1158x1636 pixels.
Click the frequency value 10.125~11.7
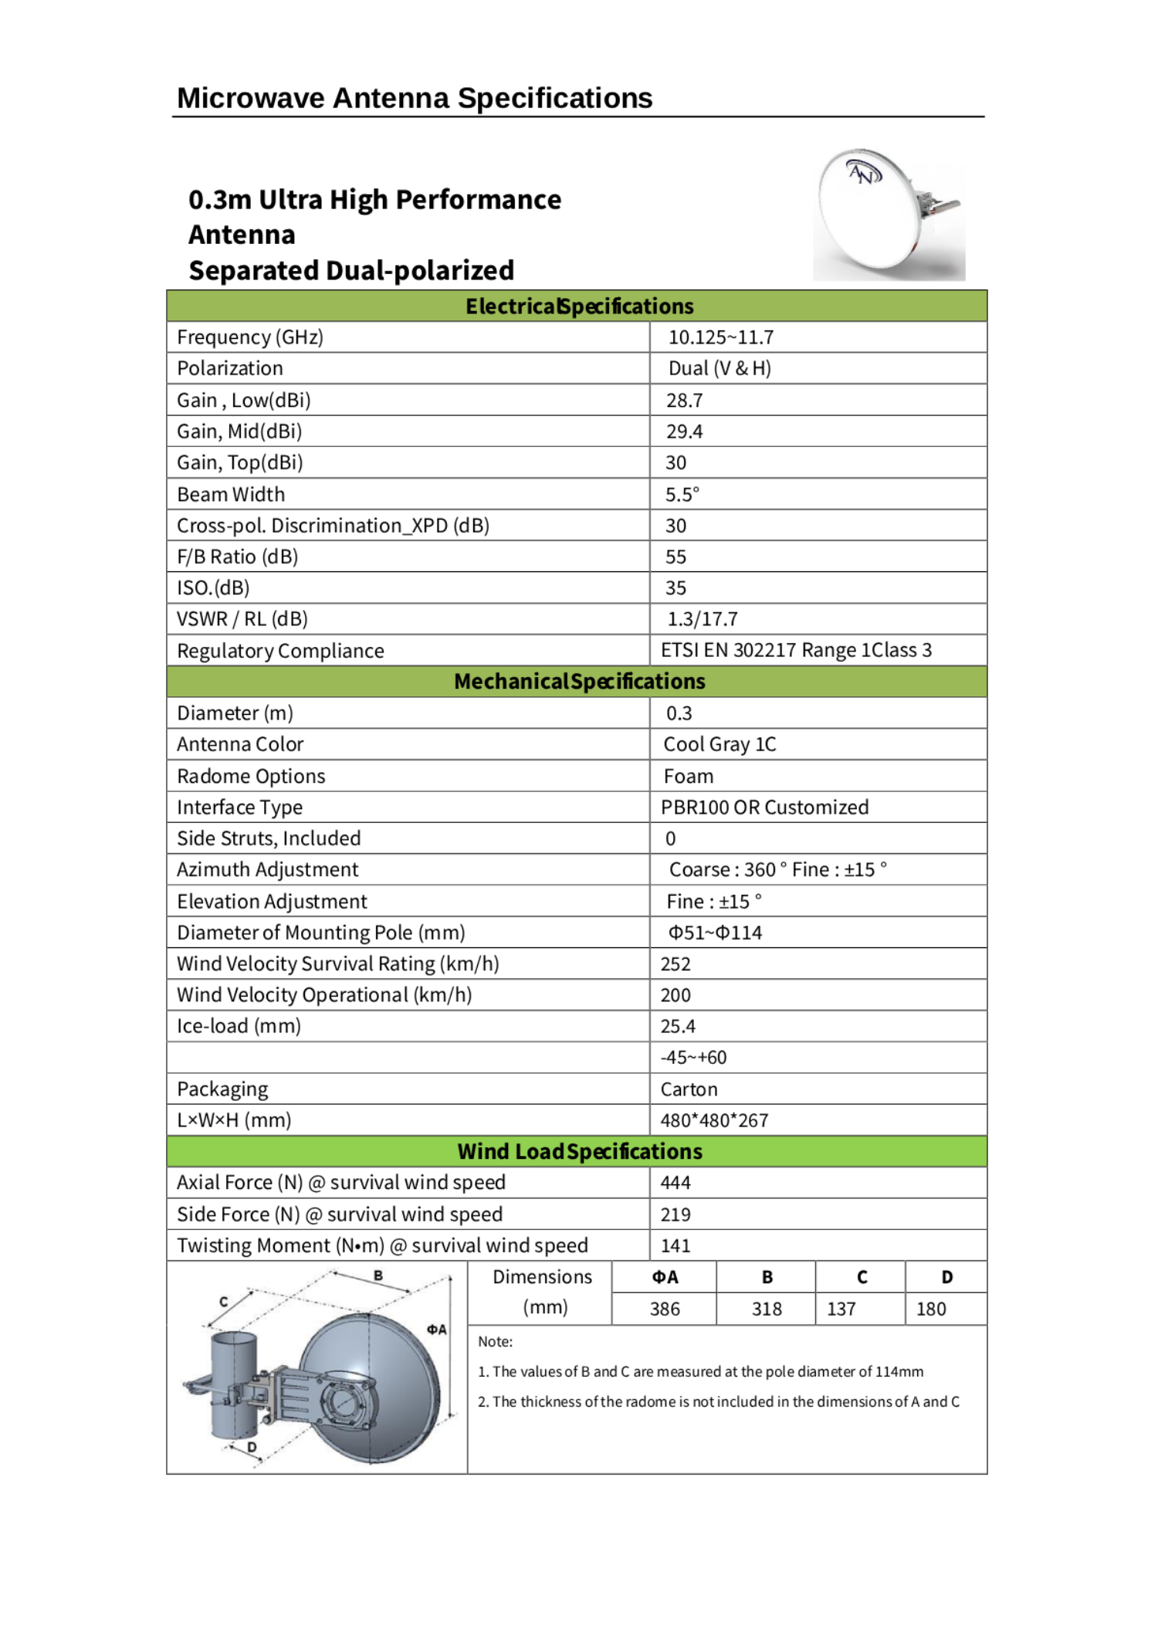coord(720,337)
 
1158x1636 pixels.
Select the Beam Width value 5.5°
coord(682,494)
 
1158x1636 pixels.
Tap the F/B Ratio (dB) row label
coord(237,557)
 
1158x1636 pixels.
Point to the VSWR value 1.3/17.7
coord(702,619)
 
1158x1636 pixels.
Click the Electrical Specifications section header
coord(579,307)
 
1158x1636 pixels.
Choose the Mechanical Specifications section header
coord(579,682)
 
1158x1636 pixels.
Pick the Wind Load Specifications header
coord(579,1152)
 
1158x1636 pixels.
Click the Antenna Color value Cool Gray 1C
coord(720,744)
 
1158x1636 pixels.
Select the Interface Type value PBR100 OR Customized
coord(764,808)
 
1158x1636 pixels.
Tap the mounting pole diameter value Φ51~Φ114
coord(715,933)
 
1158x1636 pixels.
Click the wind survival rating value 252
coord(675,964)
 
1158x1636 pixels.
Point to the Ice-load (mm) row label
coord(239,1026)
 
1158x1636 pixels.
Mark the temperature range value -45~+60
coord(693,1058)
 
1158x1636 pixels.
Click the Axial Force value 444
coord(675,1183)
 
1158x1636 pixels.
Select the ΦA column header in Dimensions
coord(665,1278)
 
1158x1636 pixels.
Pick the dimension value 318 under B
coord(767,1309)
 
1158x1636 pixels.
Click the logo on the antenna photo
coord(864,172)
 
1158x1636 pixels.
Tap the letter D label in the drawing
coord(252,1447)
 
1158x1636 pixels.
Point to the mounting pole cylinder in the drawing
coord(234,1382)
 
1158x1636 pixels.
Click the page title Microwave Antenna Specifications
coord(415,98)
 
